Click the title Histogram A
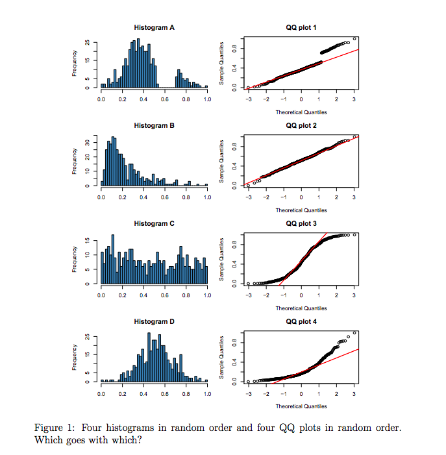click(154, 28)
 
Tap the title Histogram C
click(154, 223)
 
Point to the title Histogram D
click(154, 321)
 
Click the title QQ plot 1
click(301, 28)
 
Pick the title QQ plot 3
click(301, 223)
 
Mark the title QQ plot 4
click(301, 321)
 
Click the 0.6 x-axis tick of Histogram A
click(165, 100)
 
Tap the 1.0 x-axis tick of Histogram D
click(207, 394)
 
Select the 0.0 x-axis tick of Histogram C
click(101, 295)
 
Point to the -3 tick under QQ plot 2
click(248, 197)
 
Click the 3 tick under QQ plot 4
click(354, 394)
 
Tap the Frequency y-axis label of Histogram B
click(75, 163)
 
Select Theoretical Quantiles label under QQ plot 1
click(301, 112)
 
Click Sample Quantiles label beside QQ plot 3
click(223, 260)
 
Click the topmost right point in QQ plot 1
click(354, 38)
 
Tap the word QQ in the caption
click(287, 428)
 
